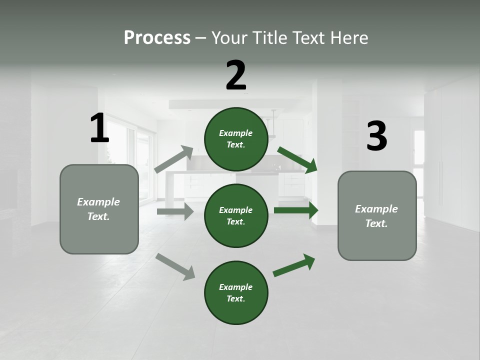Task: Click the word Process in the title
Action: [157, 38]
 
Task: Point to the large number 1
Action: [99, 128]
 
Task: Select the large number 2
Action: [236, 75]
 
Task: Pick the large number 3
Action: [377, 136]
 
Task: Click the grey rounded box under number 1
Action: [99, 209]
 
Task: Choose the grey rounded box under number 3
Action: [377, 215]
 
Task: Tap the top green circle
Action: [236, 139]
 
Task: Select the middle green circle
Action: [236, 215]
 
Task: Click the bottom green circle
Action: [236, 292]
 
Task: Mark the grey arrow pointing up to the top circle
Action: [174, 159]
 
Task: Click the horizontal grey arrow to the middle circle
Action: [175, 211]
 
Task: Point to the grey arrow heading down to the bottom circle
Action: [175, 266]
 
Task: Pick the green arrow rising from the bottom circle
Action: [294, 265]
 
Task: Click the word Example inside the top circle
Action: [236, 133]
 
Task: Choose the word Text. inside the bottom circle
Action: [236, 298]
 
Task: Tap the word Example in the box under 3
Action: [376, 209]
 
